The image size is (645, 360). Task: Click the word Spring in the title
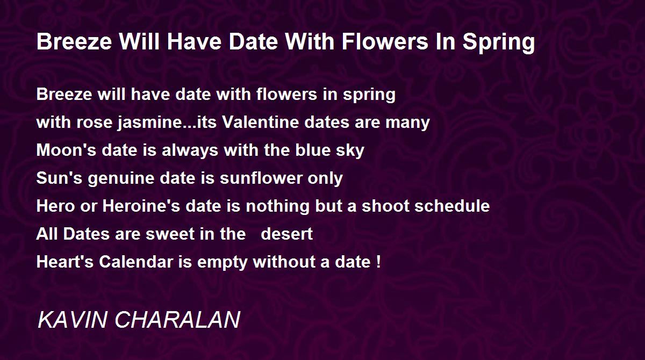499,43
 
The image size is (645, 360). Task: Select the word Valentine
260,122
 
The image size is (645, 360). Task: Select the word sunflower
261,178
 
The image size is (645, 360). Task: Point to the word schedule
452,206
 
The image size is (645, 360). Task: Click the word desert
286,234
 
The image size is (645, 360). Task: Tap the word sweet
170,234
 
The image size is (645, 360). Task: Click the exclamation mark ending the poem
378,262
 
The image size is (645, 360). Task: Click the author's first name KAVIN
73,319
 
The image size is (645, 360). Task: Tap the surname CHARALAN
177,319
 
